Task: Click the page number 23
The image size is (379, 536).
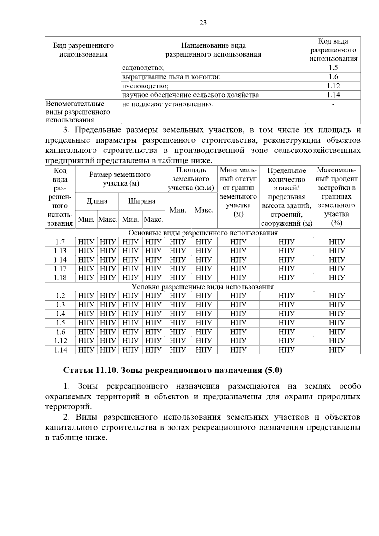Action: (x=203, y=23)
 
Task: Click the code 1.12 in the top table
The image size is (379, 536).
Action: (x=333, y=86)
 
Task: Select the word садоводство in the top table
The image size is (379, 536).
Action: (x=142, y=68)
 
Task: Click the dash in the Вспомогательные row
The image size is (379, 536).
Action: (x=333, y=104)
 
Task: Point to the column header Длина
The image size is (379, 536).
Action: (x=97, y=201)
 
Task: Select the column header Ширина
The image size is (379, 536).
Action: (x=141, y=201)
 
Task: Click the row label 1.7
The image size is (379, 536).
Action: (x=60, y=242)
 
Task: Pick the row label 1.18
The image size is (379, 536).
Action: (x=60, y=277)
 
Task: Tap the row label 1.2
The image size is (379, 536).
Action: (x=60, y=296)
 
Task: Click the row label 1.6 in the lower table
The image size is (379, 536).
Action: (x=60, y=332)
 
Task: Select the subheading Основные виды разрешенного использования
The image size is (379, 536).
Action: (x=203, y=233)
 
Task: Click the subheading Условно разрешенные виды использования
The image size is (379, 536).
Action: (x=203, y=287)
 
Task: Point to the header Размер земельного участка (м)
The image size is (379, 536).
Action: (x=120, y=179)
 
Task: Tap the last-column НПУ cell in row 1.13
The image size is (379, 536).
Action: (x=337, y=251)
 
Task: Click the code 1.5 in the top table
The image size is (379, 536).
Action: (x=333, y=68)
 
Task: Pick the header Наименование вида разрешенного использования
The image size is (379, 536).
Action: (x=213, y=50)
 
